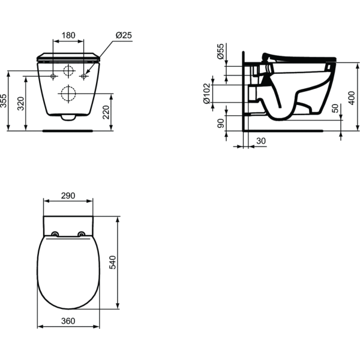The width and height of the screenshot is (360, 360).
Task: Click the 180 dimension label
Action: click(68, 35)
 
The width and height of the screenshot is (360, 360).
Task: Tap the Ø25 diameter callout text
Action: click(124, 35)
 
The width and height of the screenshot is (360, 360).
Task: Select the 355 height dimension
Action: click(4, 101)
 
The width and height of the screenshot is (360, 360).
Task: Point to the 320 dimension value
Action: click(21, 104)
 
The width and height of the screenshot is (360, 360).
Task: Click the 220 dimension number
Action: click(106, 112)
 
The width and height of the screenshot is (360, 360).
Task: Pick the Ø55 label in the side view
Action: click(220, 51)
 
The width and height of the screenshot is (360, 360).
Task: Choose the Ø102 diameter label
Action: click(206, 94)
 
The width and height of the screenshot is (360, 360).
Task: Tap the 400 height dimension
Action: click(352, 98)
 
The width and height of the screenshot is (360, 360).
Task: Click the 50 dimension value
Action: click(335, 109)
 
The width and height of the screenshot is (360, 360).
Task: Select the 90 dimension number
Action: click(220, 123)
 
